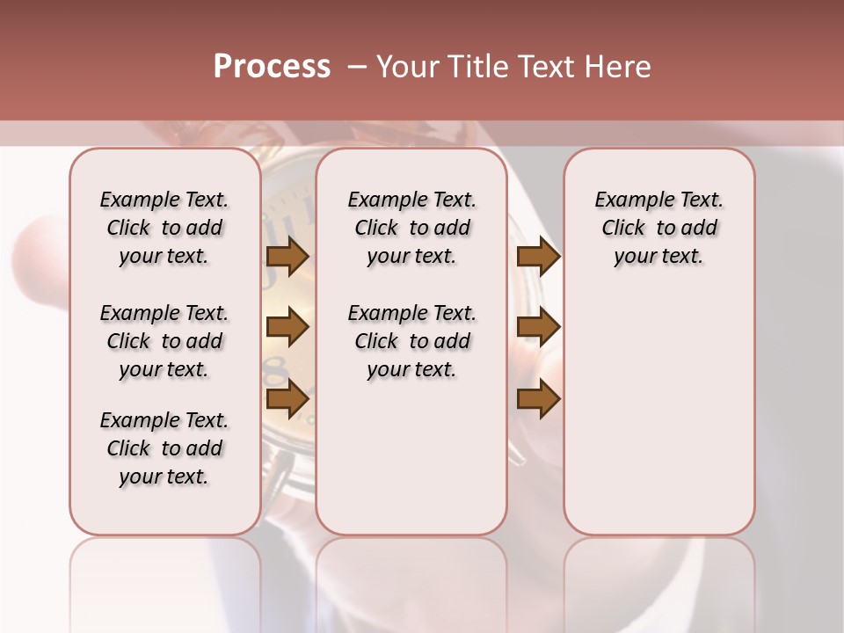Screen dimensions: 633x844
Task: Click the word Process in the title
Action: (x=272, y=67)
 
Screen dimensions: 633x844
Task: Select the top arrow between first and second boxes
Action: (x=287, y=257)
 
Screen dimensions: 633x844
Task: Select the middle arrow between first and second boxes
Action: (x=287, y=328)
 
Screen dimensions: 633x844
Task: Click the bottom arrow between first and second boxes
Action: (x=287, y=399)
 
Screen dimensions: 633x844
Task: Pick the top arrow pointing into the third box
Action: (x=538, y=257)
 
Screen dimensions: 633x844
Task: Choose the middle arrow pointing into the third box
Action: (x=538, y=328)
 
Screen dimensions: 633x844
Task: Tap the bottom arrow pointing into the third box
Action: (x=538, y=399)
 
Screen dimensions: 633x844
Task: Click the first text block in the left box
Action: (x=164, y=228)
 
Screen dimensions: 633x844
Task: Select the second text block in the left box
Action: (x=164, y=341)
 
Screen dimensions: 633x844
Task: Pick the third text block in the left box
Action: (x=164, y=448)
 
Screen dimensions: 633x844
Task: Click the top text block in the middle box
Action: (x=411, y=228)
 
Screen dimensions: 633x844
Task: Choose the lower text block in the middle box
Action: (x=411, y=341)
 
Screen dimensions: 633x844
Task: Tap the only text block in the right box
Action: (x=658, y=228)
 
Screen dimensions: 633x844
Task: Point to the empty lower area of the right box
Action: (x=658, y=413)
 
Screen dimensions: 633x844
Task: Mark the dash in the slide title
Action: (x=357, y=67)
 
